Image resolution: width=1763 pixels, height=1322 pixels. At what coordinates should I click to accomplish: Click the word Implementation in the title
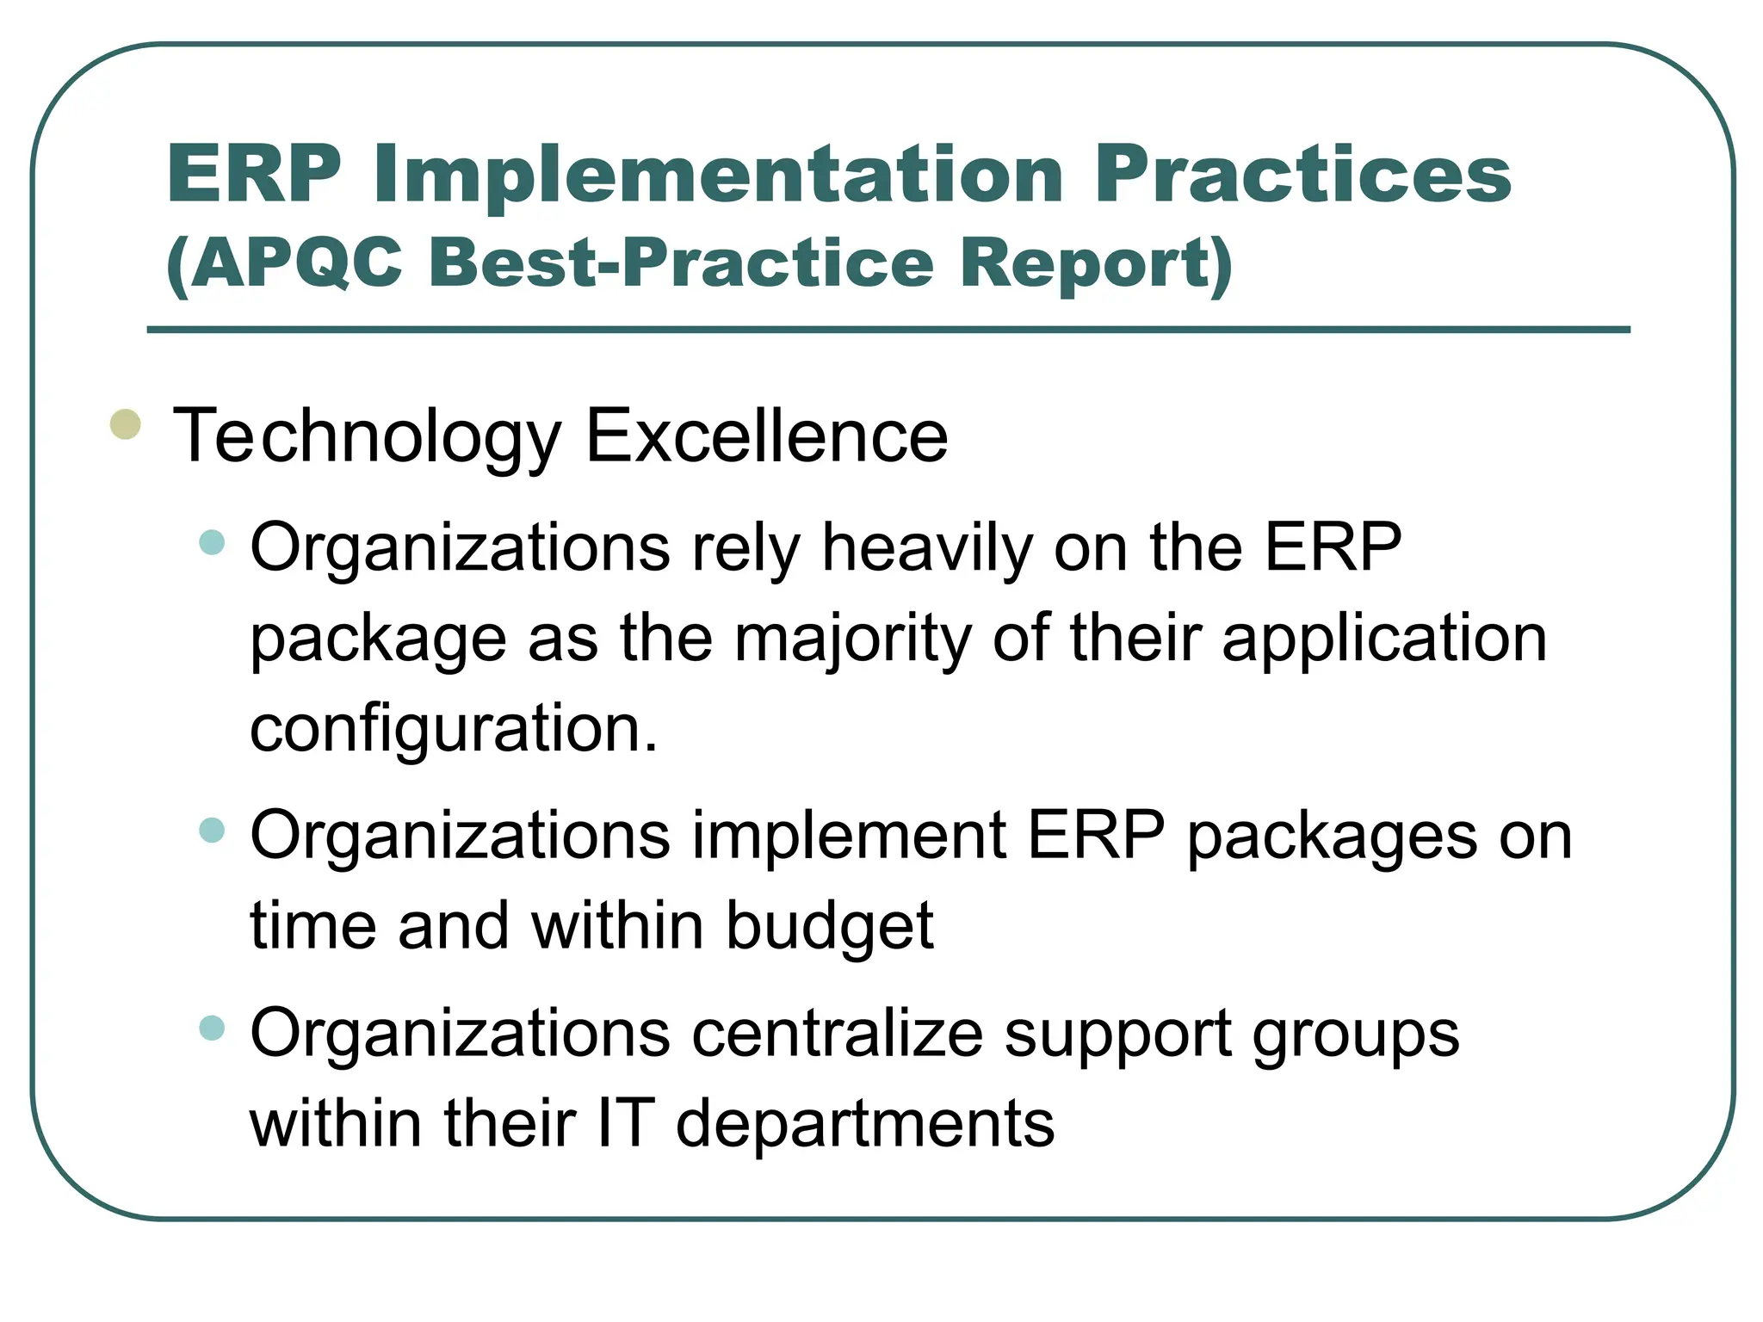point(719,175)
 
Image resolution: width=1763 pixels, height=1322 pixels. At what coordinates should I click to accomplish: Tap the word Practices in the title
point(1302,175)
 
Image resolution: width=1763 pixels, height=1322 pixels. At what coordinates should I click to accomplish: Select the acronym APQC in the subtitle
point(296,263)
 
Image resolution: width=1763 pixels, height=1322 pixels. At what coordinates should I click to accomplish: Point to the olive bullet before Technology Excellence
point(126,424)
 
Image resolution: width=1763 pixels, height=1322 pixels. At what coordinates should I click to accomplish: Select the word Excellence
point(766,436)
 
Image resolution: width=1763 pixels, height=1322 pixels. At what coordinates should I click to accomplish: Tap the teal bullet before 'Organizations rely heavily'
point(212,542)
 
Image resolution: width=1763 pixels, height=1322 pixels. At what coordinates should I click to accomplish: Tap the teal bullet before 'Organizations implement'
point(212,830)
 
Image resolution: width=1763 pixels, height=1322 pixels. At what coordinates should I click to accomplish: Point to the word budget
point(830,926)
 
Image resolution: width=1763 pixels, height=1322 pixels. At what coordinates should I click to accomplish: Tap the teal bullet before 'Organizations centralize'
point(212,1028)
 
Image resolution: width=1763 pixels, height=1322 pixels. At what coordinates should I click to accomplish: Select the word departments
point(865,1124)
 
